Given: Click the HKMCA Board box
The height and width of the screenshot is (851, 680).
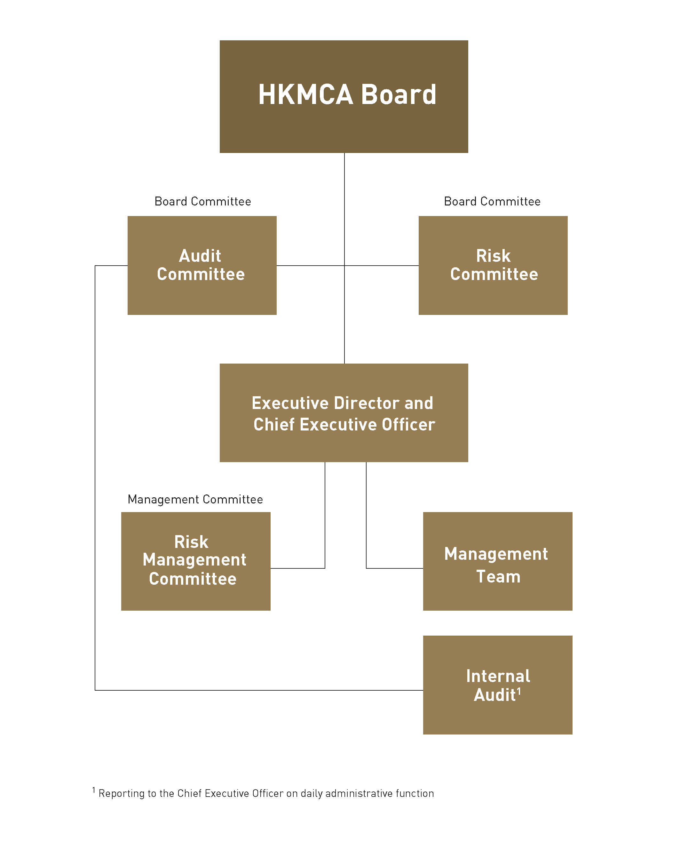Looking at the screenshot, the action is [x=344, y=96].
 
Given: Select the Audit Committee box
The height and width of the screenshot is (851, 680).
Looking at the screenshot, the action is [x=202, y=265].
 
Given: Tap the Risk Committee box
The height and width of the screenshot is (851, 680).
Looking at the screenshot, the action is [x=493, y=265].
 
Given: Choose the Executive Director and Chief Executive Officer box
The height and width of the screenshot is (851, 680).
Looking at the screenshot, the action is [x=344, y=413].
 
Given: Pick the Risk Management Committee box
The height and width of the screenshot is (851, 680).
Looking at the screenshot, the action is [x=196, y=561].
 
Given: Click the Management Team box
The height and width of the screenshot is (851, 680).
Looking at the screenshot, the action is [x=497, y=561].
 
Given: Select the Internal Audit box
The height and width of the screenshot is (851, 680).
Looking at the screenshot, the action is [x=497, y=685].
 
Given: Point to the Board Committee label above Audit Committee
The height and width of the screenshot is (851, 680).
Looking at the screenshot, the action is [x=203, y=201].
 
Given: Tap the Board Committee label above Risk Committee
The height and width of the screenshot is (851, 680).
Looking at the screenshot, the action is [x=492, y=201].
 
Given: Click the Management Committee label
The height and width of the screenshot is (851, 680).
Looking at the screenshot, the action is [x=195, y=499].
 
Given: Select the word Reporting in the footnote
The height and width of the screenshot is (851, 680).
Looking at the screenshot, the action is [x=122, y=794].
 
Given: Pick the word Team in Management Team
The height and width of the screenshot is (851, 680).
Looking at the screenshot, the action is [x=498, y=577].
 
